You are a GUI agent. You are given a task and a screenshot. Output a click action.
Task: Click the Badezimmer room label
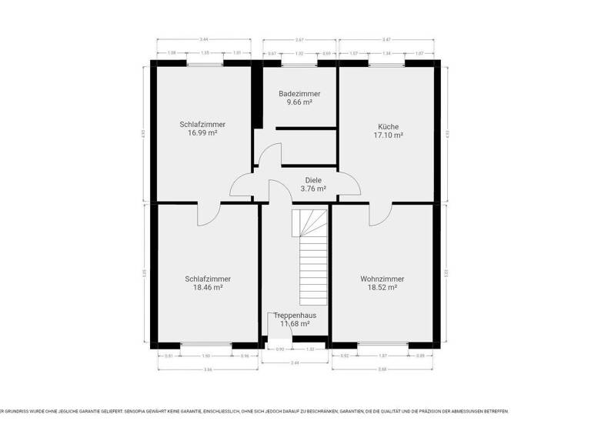(299, 94)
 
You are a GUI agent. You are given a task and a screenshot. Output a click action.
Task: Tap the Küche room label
(388, 127)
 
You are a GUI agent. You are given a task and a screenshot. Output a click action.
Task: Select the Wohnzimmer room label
(382, 279)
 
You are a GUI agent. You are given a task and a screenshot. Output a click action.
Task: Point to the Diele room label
(313, 180)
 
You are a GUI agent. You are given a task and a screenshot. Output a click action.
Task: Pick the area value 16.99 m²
(202, 132)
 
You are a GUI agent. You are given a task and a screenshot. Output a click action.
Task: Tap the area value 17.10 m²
(388, 135)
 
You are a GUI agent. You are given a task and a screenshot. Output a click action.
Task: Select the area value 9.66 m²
(299, 102)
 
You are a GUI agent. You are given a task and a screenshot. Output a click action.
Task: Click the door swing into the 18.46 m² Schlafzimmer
(209, 215)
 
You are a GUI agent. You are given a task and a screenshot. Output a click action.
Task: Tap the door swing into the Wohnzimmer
(380, 215)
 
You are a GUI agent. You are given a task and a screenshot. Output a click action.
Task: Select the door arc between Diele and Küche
(349, 184)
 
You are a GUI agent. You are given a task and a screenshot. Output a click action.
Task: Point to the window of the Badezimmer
(299, 64)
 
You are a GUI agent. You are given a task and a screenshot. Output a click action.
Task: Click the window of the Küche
(389, 64)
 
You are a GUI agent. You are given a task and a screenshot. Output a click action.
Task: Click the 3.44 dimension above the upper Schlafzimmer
(203, 39)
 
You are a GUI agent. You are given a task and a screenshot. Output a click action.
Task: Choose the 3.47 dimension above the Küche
(388, 39)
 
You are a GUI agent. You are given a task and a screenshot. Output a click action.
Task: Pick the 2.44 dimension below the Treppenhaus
(294, 362)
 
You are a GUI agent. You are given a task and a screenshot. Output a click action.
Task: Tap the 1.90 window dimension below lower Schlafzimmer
(205, 356)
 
